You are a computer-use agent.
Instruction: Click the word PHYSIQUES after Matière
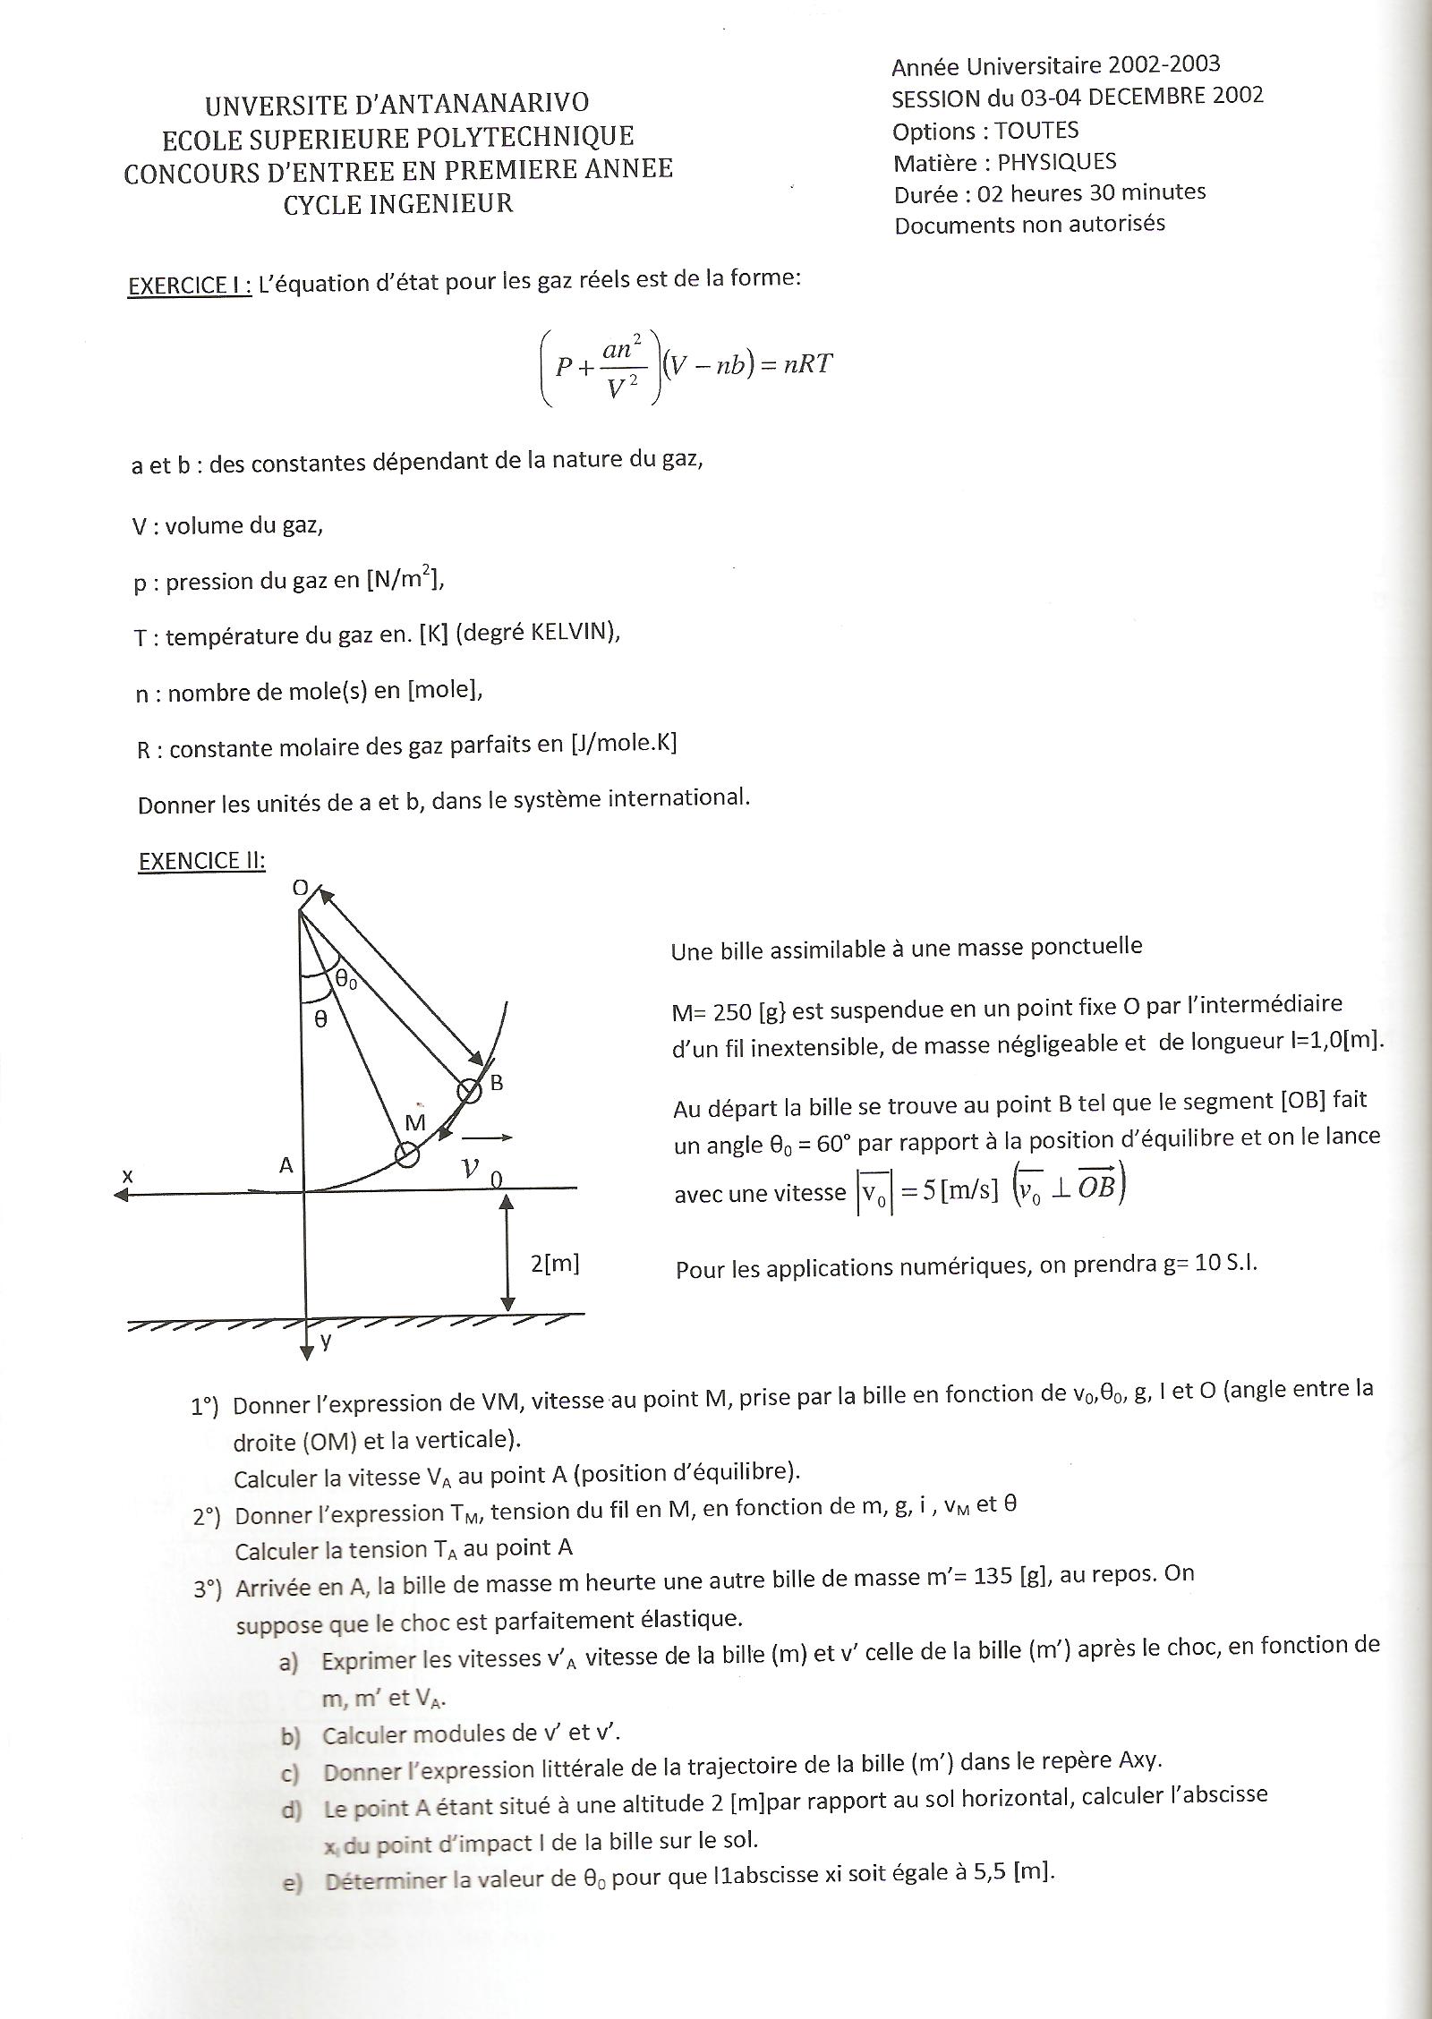tap(1057, 162)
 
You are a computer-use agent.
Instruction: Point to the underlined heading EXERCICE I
tap(190, 285)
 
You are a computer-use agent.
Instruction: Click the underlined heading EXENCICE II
tap(202, 860)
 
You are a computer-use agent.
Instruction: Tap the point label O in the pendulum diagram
tap(300, 888)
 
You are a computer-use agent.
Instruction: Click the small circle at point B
tap(468, 1091)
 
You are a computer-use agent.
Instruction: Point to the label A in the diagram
tap(286, 1165)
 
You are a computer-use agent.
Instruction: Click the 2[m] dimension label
tap(556, 1264)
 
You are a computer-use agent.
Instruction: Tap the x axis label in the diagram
tap(128, 1176)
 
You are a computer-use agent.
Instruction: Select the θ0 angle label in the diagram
tap(346, 980)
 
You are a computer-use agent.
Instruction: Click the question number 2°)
tap(207, 1516)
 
